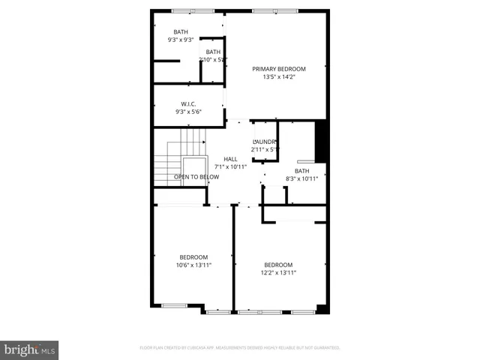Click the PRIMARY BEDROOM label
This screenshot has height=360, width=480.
click(x=278, y=68)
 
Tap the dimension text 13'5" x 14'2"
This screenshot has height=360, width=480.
click(x=278, y=76)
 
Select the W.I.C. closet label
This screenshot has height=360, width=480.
click(x=188, y=103)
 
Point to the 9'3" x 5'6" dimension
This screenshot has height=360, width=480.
click(x=188, y=112)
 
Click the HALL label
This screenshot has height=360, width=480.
click(x=230, y=158)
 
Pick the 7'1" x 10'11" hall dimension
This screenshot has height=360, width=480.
click(x=230, y=166)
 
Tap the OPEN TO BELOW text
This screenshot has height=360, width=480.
click(x=196, y=177)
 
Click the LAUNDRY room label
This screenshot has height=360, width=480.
click(x=265, y=142)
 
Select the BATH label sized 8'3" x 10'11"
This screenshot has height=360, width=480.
click(x=301, y=171)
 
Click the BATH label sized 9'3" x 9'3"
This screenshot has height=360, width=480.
click(x=181, y=31)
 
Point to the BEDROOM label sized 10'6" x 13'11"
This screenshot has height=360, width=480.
click(x=193, y=257)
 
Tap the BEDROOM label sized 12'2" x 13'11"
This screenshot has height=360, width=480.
click(x=278, y=265)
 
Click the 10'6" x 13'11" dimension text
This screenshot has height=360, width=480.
click(x=193, y=265)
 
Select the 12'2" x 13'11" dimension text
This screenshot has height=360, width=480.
click(x=278, y=273)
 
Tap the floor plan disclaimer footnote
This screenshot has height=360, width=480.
click(x=240, y=347)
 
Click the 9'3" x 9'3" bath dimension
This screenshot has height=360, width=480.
click(x=181, y=39)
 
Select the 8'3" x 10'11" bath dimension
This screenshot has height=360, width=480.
click(x=301, y=178)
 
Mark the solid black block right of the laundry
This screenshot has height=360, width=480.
click(x=321, y=141)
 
